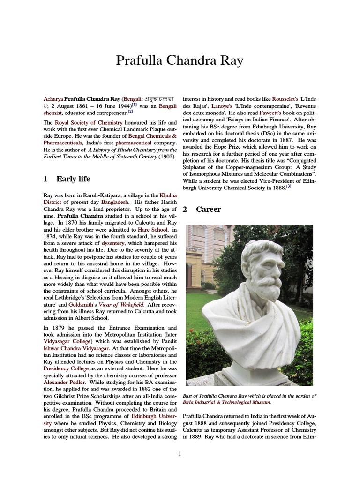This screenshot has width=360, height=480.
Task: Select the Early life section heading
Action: coord(73,179)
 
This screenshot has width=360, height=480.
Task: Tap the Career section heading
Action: coord(209,209)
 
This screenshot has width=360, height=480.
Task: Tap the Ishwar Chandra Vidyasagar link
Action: coord(77,348)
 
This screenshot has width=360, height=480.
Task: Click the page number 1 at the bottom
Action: coord(180,453)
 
